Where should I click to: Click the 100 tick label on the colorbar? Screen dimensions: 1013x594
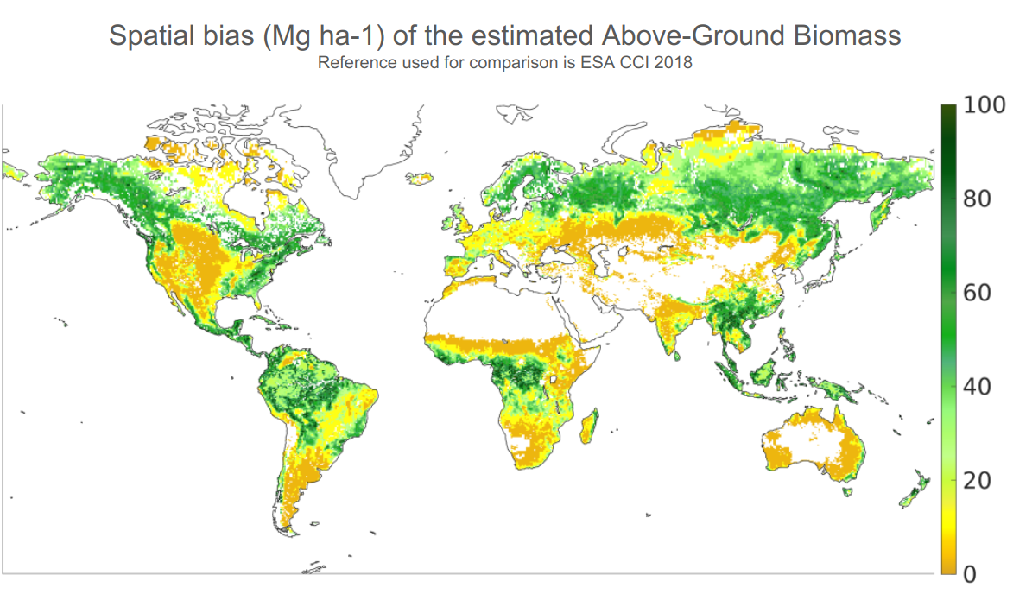point(984,104)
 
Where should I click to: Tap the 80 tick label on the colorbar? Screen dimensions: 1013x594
point(977,199)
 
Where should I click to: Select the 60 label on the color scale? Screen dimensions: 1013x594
point(977,293)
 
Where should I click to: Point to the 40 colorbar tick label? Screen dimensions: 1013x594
point(977,387)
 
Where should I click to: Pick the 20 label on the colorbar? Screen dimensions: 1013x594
point(977,480)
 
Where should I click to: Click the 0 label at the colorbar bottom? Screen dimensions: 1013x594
point(970,573)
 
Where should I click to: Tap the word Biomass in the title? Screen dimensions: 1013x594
point(847,35)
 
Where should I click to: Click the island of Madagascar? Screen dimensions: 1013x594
point(589,427)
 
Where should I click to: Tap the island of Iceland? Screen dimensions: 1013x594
point(421,178)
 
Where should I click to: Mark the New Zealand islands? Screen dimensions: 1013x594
point(914,491)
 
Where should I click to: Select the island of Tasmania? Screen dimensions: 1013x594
point(847,491)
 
